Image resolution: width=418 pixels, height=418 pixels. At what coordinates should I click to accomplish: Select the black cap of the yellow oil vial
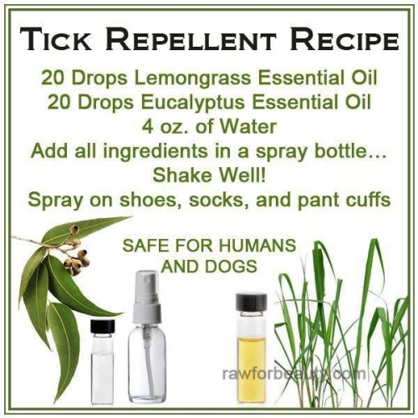(x=251, y=301)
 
